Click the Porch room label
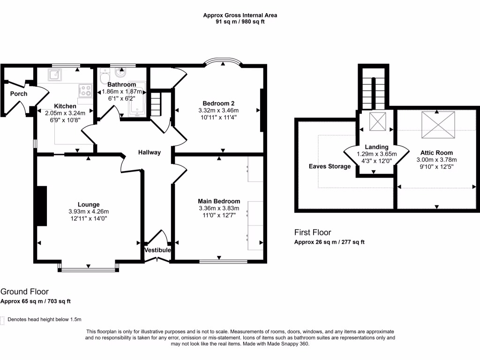[x=19, y=94]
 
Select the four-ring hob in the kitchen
[x=85, y=89]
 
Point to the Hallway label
[x=150, y=152]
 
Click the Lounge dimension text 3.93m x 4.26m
[x=89, y=211]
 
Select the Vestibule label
[x=157, y=250]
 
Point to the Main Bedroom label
[x=219, y=201]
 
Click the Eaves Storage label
[x=330, y=166]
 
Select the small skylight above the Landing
[x=377, y=122]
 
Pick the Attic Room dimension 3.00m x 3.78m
[x=436, y=160]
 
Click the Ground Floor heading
[x=24, y=292]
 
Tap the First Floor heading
[x=313, y=232]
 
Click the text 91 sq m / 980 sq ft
[x=240, y=22]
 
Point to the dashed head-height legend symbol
[x=2, y=320]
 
